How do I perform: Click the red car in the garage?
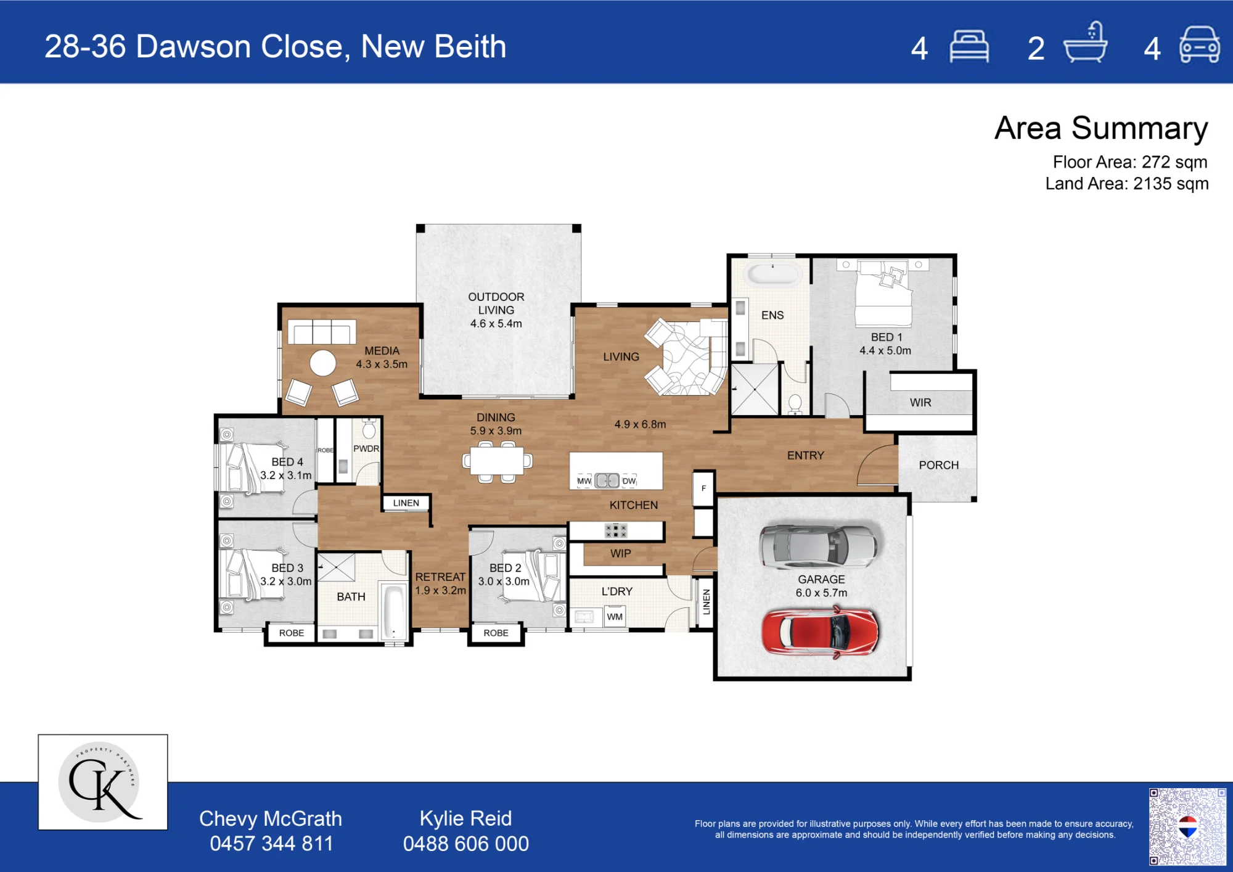[820, 631]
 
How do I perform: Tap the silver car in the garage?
[818, 546]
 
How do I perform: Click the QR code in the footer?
[1187, 826]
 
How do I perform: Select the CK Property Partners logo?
[103, 782]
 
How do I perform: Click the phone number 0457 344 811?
[271, 844]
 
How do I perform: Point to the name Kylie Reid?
[465, 818]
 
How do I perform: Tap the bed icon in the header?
[969, 46]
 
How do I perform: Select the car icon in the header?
[1199, 44]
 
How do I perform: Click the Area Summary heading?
[1101, 128]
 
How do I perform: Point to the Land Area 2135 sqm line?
[1127, 184]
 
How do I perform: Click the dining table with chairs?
[497, 461]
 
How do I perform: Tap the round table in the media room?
[322, 363]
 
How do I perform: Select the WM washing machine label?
[615, 617]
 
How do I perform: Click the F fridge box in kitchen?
[703, 488]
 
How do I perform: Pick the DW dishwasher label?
[629, 481]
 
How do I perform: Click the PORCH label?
[938, 465]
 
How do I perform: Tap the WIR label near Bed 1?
[920, 403]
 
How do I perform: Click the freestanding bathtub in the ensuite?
[773, 273]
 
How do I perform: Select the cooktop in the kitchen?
[616, 530]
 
